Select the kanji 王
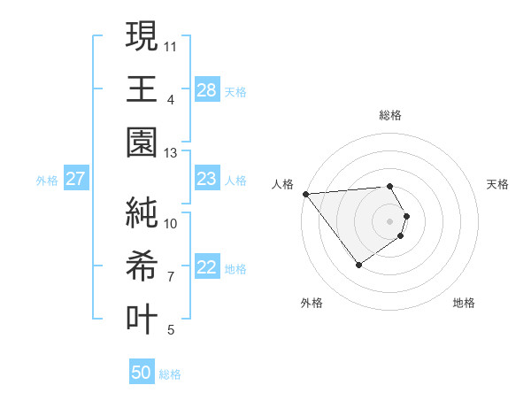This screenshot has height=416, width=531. click(142, 88)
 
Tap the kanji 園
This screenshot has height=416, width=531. click(142, 143)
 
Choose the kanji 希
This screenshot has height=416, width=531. click(142, 265)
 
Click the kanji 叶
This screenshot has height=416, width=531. click(142, 319)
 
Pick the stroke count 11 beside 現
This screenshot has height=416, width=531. click(171, 44)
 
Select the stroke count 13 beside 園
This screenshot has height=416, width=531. click(171, 153)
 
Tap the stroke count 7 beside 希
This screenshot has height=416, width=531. click(171, 277)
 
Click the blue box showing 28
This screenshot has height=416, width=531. click(206, 90)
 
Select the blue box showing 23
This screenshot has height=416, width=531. click(206, 180)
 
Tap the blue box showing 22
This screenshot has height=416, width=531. click(206, 268)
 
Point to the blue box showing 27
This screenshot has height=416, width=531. click(75, 180)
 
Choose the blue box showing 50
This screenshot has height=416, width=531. click(142, 373)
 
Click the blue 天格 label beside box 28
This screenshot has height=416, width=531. click(235, 91)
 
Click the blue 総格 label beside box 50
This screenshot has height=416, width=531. click(170, 374)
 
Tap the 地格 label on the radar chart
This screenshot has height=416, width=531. click(464, 303)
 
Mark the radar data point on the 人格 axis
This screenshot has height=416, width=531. click(305, 194)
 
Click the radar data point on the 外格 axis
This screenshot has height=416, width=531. click(358, 265)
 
